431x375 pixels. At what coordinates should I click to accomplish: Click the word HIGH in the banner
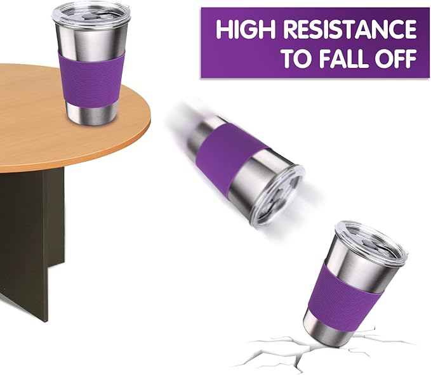[246, 29]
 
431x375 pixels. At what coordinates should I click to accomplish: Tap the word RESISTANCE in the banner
[350, 29]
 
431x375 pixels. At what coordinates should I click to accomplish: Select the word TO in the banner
[298, 58]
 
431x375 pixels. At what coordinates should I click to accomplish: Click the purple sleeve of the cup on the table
[91, 81]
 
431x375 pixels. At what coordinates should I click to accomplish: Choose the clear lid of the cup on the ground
[371, 240]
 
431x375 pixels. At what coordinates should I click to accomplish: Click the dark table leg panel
[30, 242]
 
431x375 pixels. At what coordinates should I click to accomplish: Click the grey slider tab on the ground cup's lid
[368, 242]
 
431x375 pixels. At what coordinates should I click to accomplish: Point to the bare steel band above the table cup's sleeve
[90, 41]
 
